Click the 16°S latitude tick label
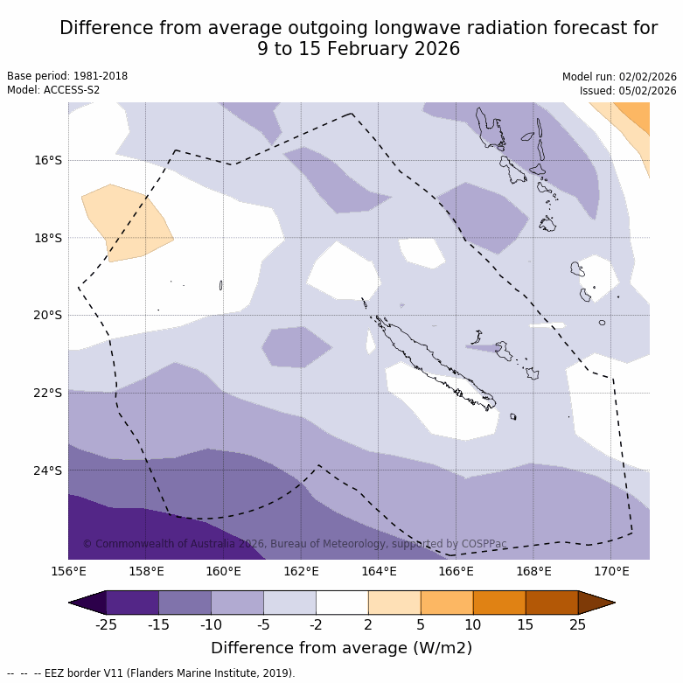click(48, 160)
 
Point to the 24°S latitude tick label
click(48, 470)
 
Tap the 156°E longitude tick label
click(68, 572)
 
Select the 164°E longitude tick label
click(379, 572)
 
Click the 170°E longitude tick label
click(611, 572)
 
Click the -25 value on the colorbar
click(106, 624)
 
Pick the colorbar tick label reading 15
click(526, 624)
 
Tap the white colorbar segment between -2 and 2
click(342, 603)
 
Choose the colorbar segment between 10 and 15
click(499, 603)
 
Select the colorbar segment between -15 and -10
click(185, 603)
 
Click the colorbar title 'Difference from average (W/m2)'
click(341, 648)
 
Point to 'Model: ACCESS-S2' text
click(53, 90)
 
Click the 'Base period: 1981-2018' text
click(67, 76)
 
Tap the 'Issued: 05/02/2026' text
click(628, 91)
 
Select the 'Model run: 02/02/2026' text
click(619, 77)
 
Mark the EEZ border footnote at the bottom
click(150, 673)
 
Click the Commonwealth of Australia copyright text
click(295, 544)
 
